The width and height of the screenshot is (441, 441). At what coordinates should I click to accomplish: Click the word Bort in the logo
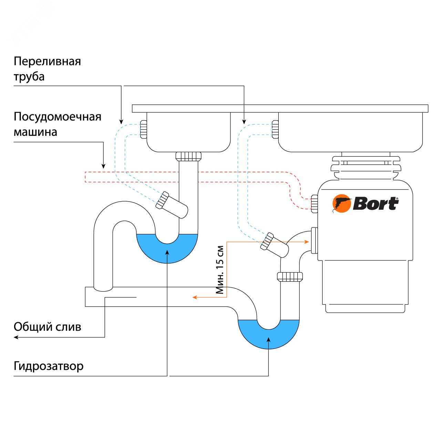click(376, 204)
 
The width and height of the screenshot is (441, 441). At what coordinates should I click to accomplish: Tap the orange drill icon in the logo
click(341, 204)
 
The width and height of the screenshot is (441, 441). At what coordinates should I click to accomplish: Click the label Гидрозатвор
click(49, 366)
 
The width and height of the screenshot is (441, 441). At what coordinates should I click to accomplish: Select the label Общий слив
click(47, 327)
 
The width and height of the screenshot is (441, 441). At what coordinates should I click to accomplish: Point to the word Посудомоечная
click(57, 117)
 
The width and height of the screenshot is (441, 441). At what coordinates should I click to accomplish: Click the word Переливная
click(47, 61)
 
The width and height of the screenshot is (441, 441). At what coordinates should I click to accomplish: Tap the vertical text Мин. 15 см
click(220, 269)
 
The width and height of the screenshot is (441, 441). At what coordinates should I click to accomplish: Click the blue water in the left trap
click(167, 250)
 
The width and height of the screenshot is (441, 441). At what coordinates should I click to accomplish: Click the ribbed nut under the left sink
click(188, 156)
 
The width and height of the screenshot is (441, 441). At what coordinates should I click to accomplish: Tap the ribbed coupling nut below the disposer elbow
click(290, 276)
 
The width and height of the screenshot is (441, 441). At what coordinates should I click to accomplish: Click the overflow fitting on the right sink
click(275, 129)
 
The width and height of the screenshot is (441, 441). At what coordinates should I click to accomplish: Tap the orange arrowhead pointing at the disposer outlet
click(307, 242)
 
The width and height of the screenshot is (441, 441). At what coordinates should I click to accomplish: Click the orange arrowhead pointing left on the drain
click(195, 297)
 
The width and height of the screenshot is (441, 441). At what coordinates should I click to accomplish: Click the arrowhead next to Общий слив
click(16, 337)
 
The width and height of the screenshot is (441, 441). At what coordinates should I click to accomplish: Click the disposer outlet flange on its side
click(314, 240)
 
